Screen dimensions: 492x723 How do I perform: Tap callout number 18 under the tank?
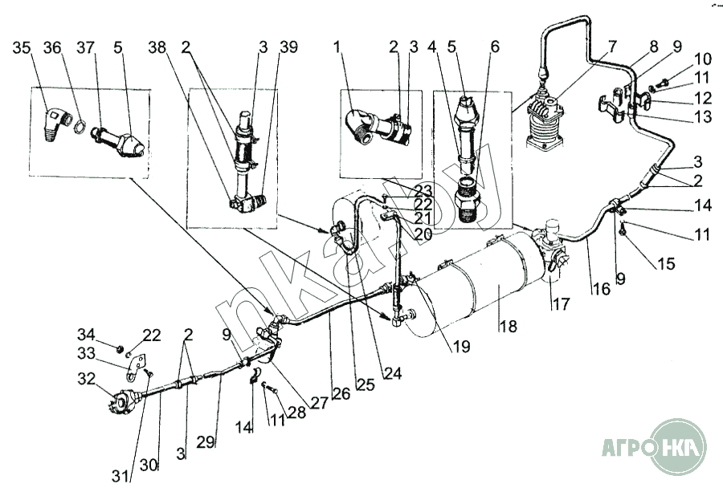[x=508, y=327]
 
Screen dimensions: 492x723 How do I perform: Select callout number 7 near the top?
[x=613, y=47]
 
